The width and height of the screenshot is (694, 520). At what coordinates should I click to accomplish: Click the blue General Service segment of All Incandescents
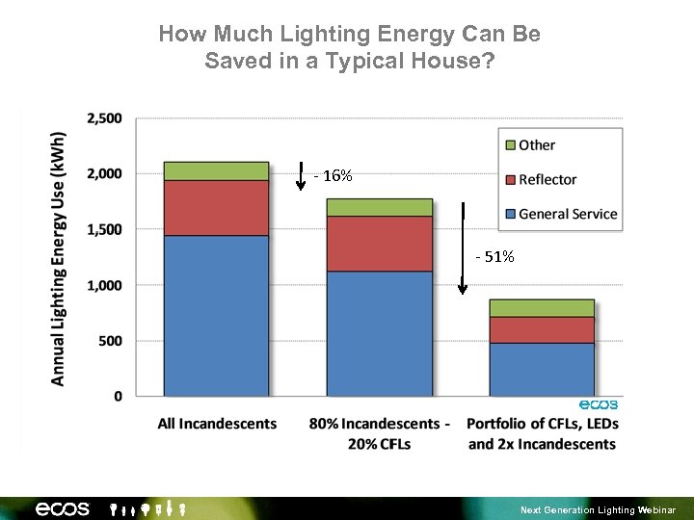(216, 315)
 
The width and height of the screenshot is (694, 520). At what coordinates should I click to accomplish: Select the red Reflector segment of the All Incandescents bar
(216, 208)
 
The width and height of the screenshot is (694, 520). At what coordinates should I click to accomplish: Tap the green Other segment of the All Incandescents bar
(216, 171)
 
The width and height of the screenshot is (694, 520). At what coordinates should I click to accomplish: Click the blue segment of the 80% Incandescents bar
(380, 333)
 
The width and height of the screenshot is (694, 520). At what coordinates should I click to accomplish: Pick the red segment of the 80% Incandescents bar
(380, 244)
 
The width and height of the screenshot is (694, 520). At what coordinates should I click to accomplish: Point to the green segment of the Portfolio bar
(542, 308)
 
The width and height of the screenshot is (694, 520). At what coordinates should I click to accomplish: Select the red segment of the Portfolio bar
(542, 330)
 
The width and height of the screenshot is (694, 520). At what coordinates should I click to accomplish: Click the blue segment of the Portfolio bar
(542, 369)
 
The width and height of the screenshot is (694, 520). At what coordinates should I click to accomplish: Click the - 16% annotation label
(334, 176)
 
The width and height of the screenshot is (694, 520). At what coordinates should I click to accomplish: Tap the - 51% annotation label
(495, 257)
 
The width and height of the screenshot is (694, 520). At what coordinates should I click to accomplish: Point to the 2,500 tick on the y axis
(104, 118)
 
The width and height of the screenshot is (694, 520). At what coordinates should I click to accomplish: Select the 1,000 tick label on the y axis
(104, 285)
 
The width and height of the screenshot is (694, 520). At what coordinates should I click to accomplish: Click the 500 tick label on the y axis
(110, 341)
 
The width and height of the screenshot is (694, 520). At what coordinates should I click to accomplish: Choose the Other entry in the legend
(536, 145)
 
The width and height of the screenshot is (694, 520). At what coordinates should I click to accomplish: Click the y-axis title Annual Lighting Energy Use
(59, 258)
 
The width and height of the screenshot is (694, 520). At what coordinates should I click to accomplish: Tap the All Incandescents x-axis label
(217, 424)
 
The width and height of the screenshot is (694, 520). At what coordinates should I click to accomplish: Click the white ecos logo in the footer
(63, 508)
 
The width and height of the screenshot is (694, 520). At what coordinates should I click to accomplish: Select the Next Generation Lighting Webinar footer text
(599, 509)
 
